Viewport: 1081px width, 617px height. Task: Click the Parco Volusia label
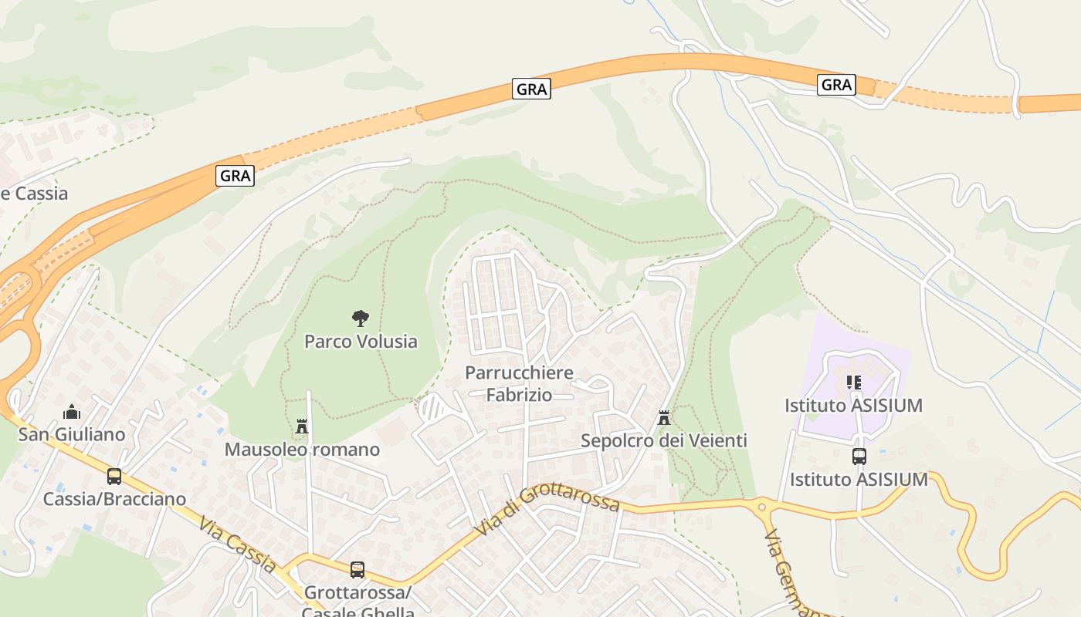(361, 341)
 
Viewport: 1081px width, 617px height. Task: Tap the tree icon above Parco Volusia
(360, 318)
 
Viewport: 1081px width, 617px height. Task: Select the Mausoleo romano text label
(302, 449)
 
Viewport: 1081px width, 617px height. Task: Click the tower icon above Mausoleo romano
(302, 426)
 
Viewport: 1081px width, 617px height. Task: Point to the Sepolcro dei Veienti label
(663, 441)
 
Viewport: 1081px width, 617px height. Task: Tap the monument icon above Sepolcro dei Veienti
(663, 418)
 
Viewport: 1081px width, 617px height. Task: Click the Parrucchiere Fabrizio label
(519, 383)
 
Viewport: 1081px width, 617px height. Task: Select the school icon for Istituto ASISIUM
(853, 382)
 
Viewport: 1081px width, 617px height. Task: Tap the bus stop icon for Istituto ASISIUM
(859, 456)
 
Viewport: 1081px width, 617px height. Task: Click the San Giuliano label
(72, 434)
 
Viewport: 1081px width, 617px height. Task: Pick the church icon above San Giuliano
(72, 411)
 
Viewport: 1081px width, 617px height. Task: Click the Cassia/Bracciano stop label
(114, 499)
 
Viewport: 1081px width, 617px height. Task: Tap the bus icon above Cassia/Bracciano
(114, 476)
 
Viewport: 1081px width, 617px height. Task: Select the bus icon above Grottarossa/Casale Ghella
(357, 569)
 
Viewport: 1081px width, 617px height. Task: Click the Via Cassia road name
(237, 545)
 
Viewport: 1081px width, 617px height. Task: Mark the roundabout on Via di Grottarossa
(763, 507)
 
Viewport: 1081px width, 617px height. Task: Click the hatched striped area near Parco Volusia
(432, 408)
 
